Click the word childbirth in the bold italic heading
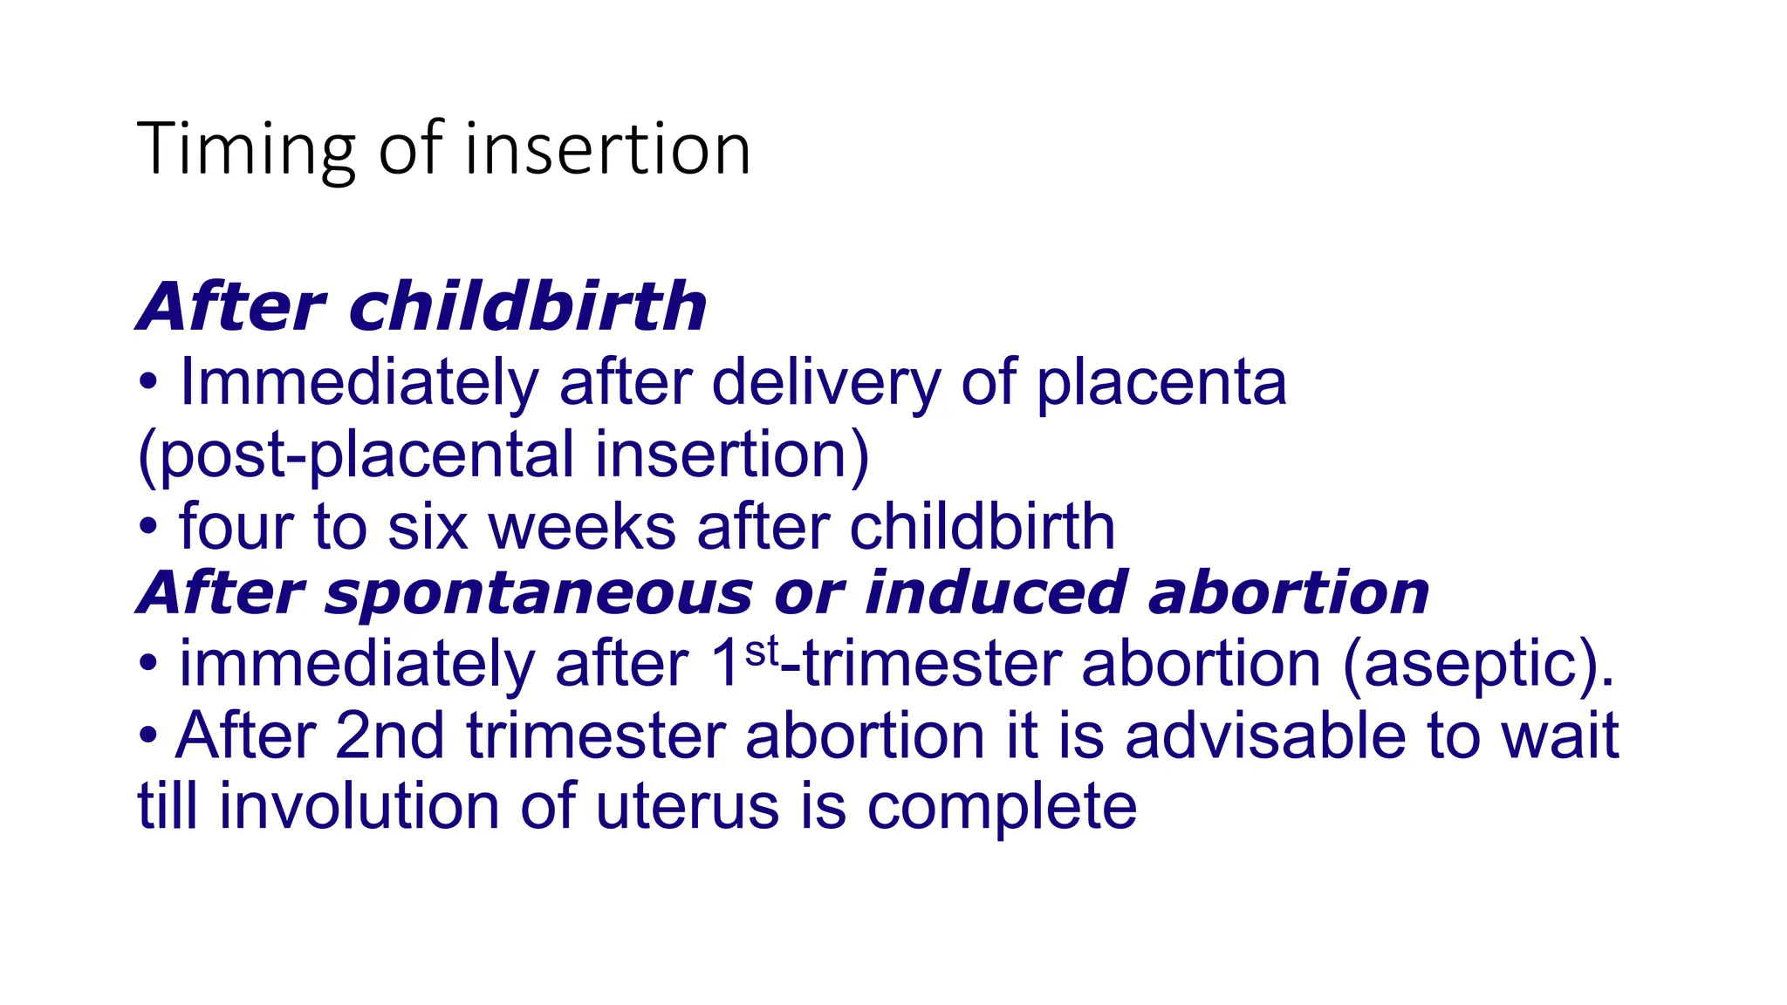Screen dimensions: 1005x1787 (x=528, y=307)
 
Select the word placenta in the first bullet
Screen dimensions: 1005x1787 (x=1161, y=384)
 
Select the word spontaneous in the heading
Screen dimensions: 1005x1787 (x=537, y=593)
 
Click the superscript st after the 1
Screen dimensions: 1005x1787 (x=761, y=652)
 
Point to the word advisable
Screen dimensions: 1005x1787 (x=1265, y=736)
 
